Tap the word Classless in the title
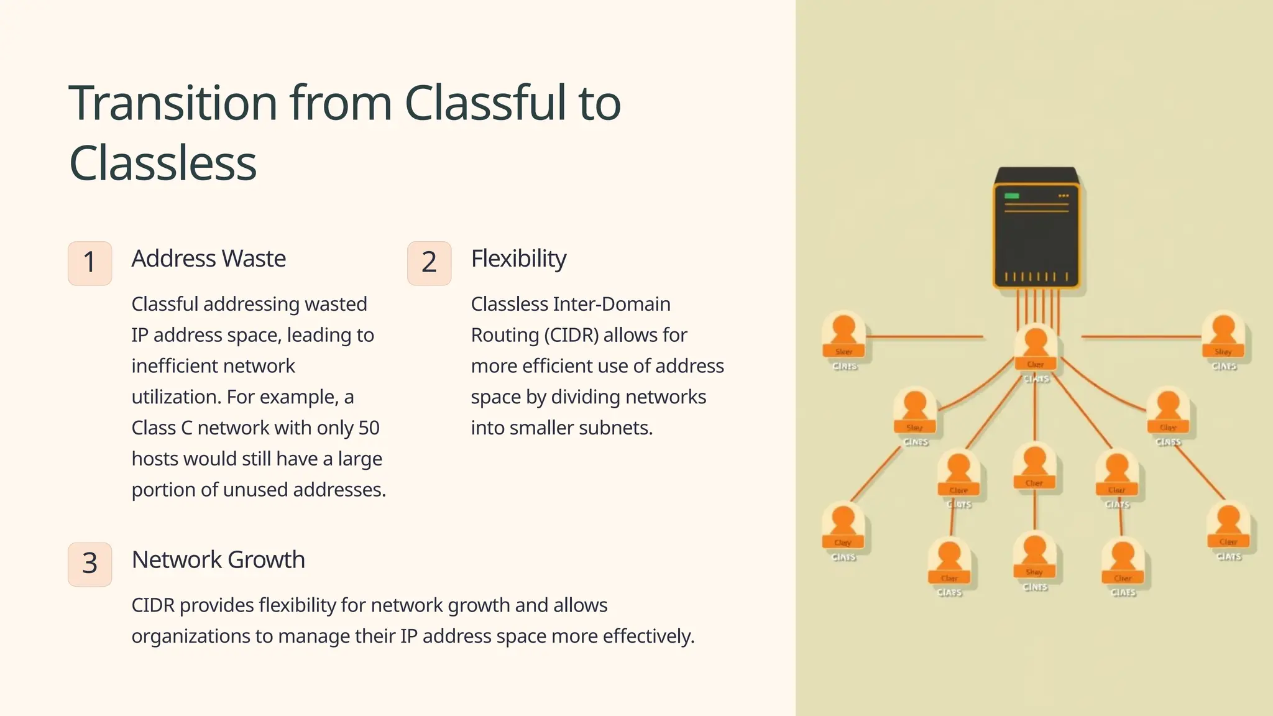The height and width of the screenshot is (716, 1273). tap(163, 163)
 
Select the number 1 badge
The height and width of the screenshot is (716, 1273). tap(90, 263)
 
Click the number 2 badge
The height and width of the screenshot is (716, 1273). tap(429, 263)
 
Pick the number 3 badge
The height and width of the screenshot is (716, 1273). tap(90, 564)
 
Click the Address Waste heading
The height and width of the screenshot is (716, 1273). tap(209, 259)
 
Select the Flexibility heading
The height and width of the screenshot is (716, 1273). tap(518, 259)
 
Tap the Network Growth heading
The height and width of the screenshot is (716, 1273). tap(218, 560)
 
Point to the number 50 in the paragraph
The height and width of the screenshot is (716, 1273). tap(369, 428)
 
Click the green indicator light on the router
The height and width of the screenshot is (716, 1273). tap(1012, 196)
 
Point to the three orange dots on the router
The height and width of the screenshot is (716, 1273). tap(1064, 196)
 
